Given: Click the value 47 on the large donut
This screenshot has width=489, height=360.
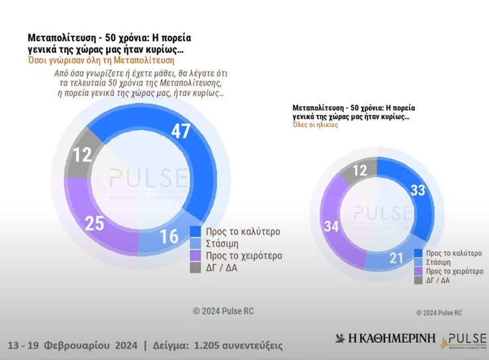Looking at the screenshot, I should click(x=181, y=131).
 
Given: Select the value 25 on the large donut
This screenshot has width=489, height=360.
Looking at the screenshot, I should click(x=95, y=224).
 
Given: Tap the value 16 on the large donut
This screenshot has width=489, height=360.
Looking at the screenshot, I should click(x=169, y=236).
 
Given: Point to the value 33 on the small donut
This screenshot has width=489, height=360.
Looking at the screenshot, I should click(x=418, y=191).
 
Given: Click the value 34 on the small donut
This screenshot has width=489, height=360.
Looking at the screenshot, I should click(x=332, y=226).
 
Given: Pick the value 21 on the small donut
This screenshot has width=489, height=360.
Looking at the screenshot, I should click(x=396, y=257).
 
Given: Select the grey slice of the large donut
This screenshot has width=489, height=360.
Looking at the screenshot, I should click(x=83, y=154).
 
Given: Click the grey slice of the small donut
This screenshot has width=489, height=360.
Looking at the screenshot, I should click(x=360, y=171).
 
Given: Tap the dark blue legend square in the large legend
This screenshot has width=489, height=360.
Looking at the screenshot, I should click(x=196, y=232).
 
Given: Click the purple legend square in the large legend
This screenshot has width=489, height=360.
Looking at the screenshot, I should click(x=196, y=255).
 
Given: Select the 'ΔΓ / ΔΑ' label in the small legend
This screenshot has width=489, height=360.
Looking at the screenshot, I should click(x=438, y=281).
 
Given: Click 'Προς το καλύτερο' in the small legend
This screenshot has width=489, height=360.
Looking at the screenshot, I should click(x=454, y=253).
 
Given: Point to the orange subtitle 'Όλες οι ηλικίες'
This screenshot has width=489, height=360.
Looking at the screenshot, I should click(x=315, y=125).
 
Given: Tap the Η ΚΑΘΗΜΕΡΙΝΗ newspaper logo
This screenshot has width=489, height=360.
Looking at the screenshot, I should click(x=386, y=339).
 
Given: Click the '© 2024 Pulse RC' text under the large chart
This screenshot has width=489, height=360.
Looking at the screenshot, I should click(x=223, y=311).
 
